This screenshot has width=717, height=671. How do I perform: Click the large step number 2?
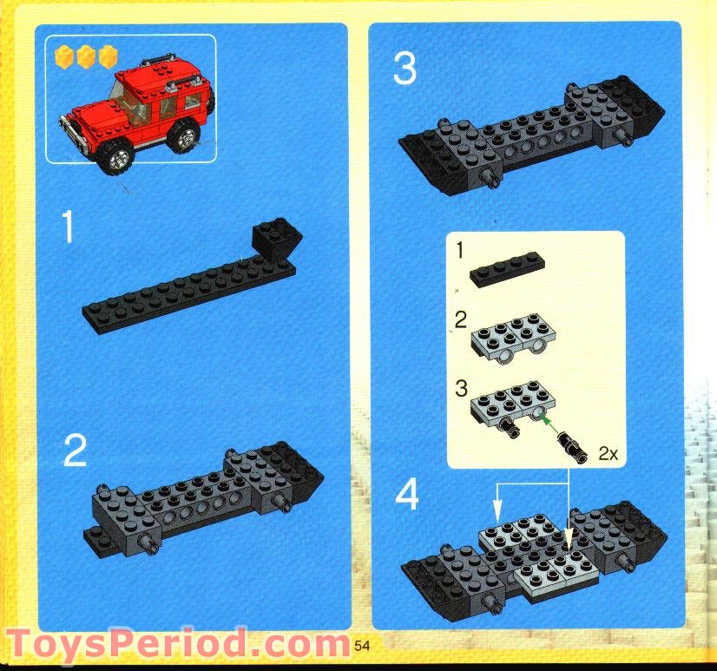[x=75, y=451]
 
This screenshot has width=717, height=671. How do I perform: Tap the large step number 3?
[x=405, y=69]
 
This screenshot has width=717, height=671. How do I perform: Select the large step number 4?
[x=406, y=497]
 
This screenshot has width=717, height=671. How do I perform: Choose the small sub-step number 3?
[x=462, y=387]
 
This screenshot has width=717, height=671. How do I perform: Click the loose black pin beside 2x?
[x=574, y=445]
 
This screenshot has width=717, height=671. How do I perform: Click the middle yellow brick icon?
[x=85, y=57]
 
